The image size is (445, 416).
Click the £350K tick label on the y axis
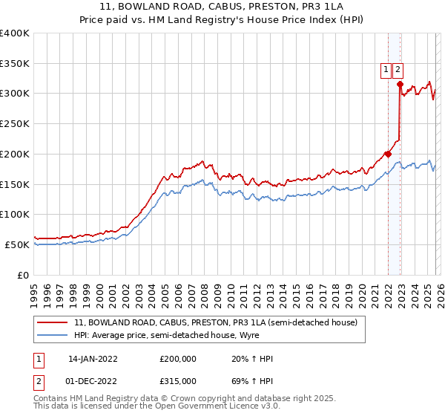point(15,64)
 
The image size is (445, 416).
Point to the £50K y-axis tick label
point(17,244)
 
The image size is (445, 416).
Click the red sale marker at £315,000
point(400,84)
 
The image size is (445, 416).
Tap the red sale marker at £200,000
point(388,154)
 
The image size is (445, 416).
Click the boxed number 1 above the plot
point(386,71)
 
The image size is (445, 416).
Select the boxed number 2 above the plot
point(398,71)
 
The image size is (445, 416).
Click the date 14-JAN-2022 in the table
point(93,359)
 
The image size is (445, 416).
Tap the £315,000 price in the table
point(177,380)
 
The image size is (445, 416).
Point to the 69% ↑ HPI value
point(252,380)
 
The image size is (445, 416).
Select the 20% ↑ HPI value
point(252,359)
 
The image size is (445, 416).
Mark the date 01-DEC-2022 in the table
point(93,380)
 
